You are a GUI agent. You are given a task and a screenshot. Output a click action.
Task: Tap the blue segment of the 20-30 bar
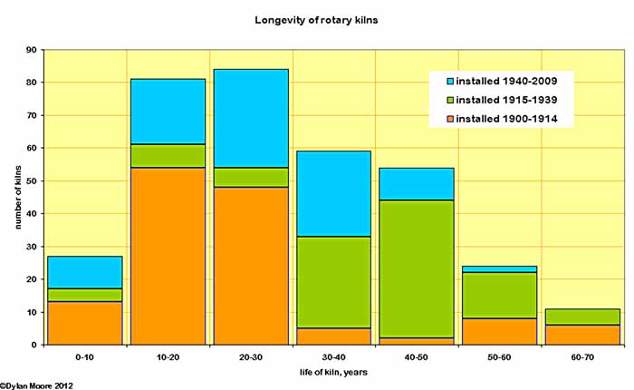(250, 118)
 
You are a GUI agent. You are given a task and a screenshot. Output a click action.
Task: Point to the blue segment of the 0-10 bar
(85, 272)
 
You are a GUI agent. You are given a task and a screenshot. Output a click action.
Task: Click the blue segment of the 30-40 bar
(333, 193)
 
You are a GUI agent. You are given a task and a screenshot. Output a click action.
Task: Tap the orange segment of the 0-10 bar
(85, 323)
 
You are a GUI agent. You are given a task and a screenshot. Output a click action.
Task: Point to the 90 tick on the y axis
(32, 50)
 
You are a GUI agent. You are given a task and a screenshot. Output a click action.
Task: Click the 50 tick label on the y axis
(32, 180)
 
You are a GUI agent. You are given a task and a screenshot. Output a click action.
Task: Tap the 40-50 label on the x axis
(416, 358)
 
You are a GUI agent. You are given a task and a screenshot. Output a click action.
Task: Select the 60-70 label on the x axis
(581, 358)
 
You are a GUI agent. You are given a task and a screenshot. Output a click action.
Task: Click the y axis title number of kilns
(16, 197)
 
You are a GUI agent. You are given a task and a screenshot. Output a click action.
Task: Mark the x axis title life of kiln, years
(333, 373)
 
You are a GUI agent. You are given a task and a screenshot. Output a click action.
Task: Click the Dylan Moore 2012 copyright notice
(37, 385)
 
